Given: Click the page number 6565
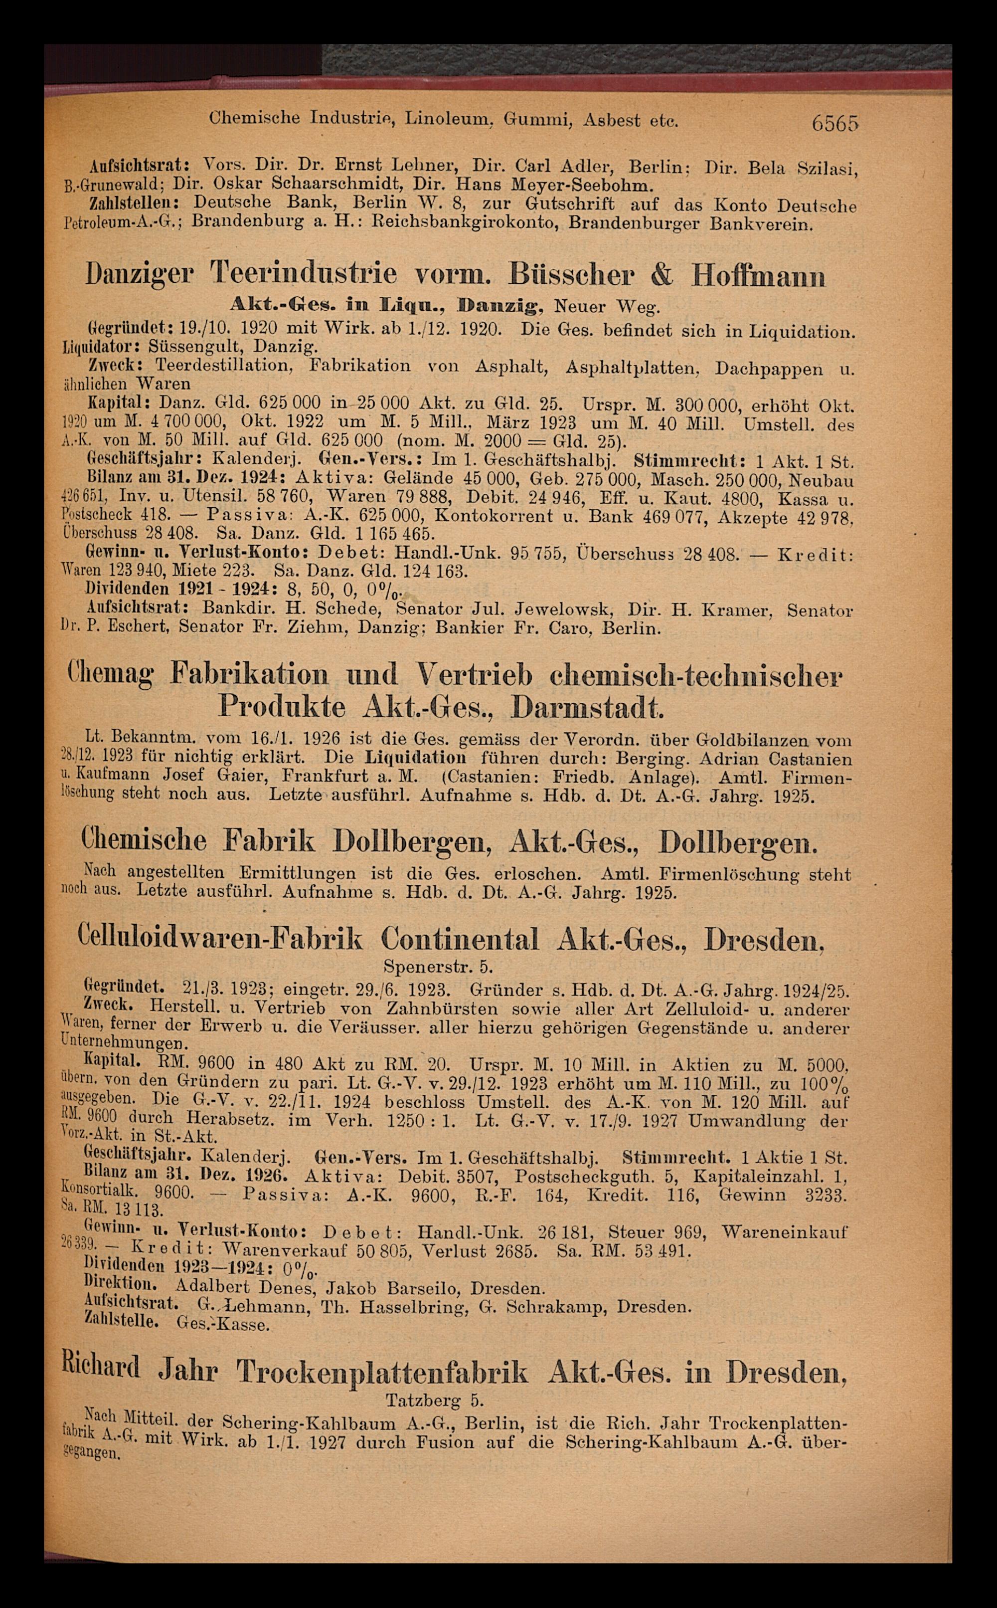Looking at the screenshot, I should pyautogui.click(x=835, y=123).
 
